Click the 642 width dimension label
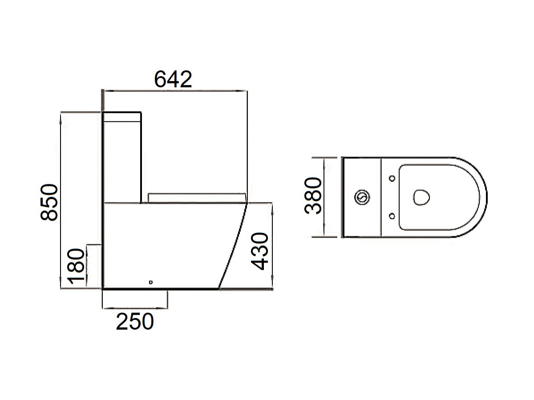coord(173,79)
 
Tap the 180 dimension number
coord(76,267)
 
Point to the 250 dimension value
coord(135,322)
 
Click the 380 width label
coord(313,196)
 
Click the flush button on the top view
coord(362,197)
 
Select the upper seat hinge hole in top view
coord(392,178)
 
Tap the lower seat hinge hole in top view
coord(392,216)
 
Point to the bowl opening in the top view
coord(421,197)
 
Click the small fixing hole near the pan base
coord(151,281)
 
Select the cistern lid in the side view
coord(122,117)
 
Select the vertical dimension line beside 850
coord(61,200)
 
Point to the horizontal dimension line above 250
coord(135,307)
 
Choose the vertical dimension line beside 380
coord(324,197)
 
